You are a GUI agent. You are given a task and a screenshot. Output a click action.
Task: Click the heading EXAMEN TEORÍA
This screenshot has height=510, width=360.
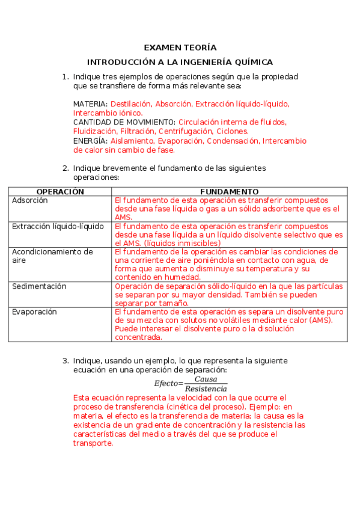click(180, 48)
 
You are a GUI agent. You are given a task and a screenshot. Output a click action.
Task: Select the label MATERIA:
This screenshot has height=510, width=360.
click(90, 104)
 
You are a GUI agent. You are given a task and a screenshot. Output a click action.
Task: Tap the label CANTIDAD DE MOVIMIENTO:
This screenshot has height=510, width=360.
click(124, 122)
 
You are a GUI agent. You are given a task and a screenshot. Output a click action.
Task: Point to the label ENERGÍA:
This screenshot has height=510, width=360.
click(90, 141)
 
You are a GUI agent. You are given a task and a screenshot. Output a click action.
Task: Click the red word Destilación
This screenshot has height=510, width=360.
click(130, 104)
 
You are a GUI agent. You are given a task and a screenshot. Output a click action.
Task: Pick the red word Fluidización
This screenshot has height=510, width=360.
click(94, 131)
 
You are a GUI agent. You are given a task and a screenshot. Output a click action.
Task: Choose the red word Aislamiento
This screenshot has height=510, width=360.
click(132, 141)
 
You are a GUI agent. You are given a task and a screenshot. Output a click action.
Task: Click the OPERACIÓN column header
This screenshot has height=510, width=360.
click(60, 191)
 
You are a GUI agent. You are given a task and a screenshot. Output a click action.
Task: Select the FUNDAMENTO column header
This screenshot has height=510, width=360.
click(229, 191)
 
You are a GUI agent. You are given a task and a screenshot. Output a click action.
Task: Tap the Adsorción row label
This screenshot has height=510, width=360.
click(29, 200)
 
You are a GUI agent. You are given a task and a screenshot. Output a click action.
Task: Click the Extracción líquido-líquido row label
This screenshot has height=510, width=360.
click(58, 226)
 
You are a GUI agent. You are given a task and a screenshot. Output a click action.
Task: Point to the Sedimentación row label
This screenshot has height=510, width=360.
click(39, 286)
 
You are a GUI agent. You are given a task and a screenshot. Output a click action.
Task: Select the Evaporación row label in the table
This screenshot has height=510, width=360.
click(34, 312)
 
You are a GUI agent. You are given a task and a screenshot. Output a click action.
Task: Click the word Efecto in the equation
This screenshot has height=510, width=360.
click(166, 384)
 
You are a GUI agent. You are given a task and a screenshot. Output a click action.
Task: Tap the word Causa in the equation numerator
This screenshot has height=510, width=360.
click(206, 379)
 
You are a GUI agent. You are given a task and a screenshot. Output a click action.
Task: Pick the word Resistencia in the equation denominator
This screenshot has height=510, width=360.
click(206, 389)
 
